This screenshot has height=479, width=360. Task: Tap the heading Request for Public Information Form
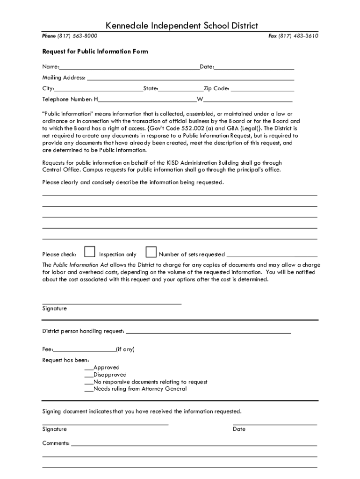tap(95, 51)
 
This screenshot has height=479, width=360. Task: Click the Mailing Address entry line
tap(190, 79)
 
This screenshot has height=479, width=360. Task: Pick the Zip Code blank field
tap(262, 89)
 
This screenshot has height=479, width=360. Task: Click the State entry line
tap(181, 89)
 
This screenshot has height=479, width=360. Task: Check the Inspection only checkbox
tap(90, 253)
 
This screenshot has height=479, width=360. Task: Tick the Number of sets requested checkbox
tap(151, 253)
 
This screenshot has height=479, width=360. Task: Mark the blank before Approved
tap(89, 368)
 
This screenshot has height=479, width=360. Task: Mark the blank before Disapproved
tap(89, 375)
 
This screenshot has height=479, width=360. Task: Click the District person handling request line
tap(208, 333)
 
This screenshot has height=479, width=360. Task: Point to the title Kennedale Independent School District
tap(182, 26)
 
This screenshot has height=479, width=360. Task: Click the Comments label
tap(56, 443)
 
